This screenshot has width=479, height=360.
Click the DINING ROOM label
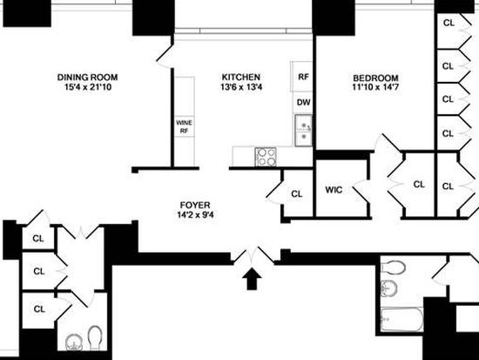[x=87, y=77]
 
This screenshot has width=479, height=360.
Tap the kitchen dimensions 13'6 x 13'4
[x=241, y=87]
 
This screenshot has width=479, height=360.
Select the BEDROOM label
[x=375, y=78]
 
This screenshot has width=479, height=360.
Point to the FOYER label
[x=195, y=205]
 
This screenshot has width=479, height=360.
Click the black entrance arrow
[x=252, y=279]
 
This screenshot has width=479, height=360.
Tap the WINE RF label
[x=184, y=126]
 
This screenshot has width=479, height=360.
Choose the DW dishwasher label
[x=303, y=103]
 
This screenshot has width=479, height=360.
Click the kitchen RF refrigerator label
[x=303, y=77]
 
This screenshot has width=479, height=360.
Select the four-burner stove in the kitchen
[x=266, y=157]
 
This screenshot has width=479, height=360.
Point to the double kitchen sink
[x=303, y=131]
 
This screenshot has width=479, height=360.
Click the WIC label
[x=334, y=190]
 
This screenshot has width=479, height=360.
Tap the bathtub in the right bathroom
[x=402, y=320]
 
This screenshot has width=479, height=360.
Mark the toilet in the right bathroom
[x=394, y=268]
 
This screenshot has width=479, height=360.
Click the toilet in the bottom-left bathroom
[x=95, y=337]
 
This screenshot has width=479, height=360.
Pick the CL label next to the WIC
[x=296, y=194]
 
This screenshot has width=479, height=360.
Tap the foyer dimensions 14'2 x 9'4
[x=195, y=214]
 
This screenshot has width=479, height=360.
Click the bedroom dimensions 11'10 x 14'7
[x=375, y=87]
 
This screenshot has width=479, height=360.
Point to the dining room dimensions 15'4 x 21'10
[x=88, y=87]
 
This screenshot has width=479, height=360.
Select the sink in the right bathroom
[x=389, y=289]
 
